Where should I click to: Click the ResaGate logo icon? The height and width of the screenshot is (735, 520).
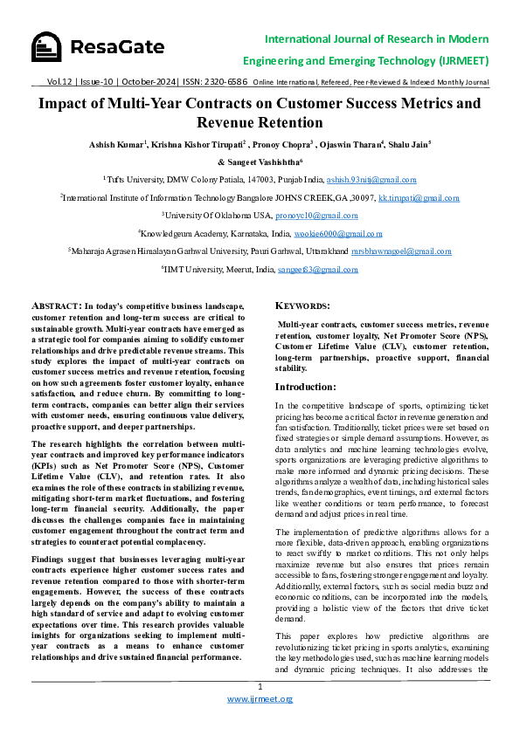47,47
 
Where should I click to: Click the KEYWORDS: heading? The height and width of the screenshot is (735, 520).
302,306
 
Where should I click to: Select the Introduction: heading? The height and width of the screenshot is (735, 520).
305,387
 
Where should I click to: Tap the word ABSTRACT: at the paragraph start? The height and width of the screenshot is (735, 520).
56,306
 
